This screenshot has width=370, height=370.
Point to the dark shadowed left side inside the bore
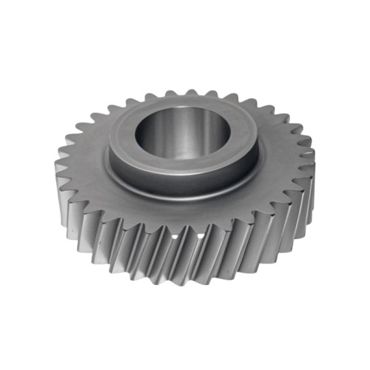click(148, 133)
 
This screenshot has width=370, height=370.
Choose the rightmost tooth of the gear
click(311, 166)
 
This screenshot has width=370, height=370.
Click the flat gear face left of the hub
click(85, 163)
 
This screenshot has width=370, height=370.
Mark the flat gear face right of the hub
click(281, 159)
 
